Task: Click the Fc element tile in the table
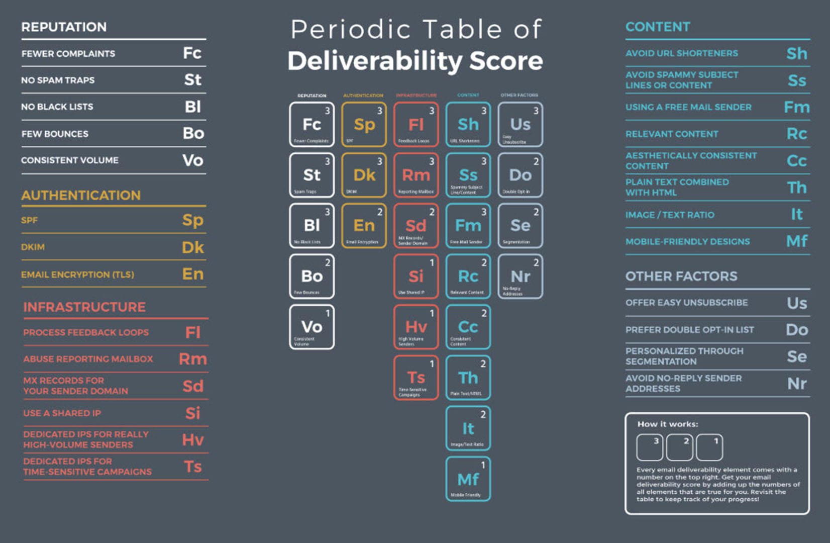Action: pyautogui.click(x=312, y=125)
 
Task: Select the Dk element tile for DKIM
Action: pyautogui.click(x=364, y=175)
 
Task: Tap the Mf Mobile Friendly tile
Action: pyautogui.click(x=468, y=479)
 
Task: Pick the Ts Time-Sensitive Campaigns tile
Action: pyautogui.click(x=416, y=378)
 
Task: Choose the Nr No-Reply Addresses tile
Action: pyautogui.click(x=520, y=277)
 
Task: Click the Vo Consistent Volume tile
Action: pyautogui.click(x=312, y=327)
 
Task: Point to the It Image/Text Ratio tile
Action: pyautogui.click(x=468, y=428)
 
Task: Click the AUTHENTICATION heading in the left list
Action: pyautogui.click(x=81, y=195)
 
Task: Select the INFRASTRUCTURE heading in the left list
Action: pyautogui.click(x=84, y=307)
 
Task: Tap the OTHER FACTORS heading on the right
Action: pyautogui.click(x=681, y=276)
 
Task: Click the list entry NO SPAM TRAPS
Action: pyautogui.click(x=58, y=80)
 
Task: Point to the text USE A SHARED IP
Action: pyautogui.click(x=62, y=413)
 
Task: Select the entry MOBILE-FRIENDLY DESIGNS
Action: pyautogui.click(x=687, y=241)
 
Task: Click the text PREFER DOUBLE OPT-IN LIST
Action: pyautogui.click(x=689, y=330)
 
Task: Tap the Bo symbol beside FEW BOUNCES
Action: pyautogui.click(x=193, y=133)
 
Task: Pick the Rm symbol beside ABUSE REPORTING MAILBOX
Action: pyautogui.click(x=193, y=359)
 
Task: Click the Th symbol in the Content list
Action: pyautogui.click(x=797, y=188)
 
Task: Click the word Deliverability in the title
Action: pyautogui.click(x=375, y=61)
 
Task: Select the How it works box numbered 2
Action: pyautogui.click(x=679, y=447)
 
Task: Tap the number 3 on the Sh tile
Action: pyautogui.click(x=484, y=111)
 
